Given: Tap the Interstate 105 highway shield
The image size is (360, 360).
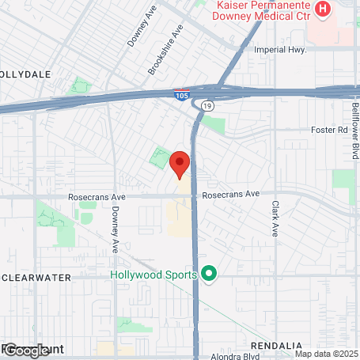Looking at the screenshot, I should click(181, 95).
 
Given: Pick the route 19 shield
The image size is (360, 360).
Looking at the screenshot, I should click(207, 104).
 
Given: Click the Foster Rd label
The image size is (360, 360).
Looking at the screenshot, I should click(330, 129).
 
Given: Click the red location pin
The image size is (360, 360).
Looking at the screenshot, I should click(180, 165).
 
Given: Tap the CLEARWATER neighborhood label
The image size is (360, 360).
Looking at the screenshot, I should click(37, 277).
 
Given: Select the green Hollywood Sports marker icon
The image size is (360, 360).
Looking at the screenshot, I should click(209, 275).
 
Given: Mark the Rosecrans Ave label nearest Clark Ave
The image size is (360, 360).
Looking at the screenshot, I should click(231, 193).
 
